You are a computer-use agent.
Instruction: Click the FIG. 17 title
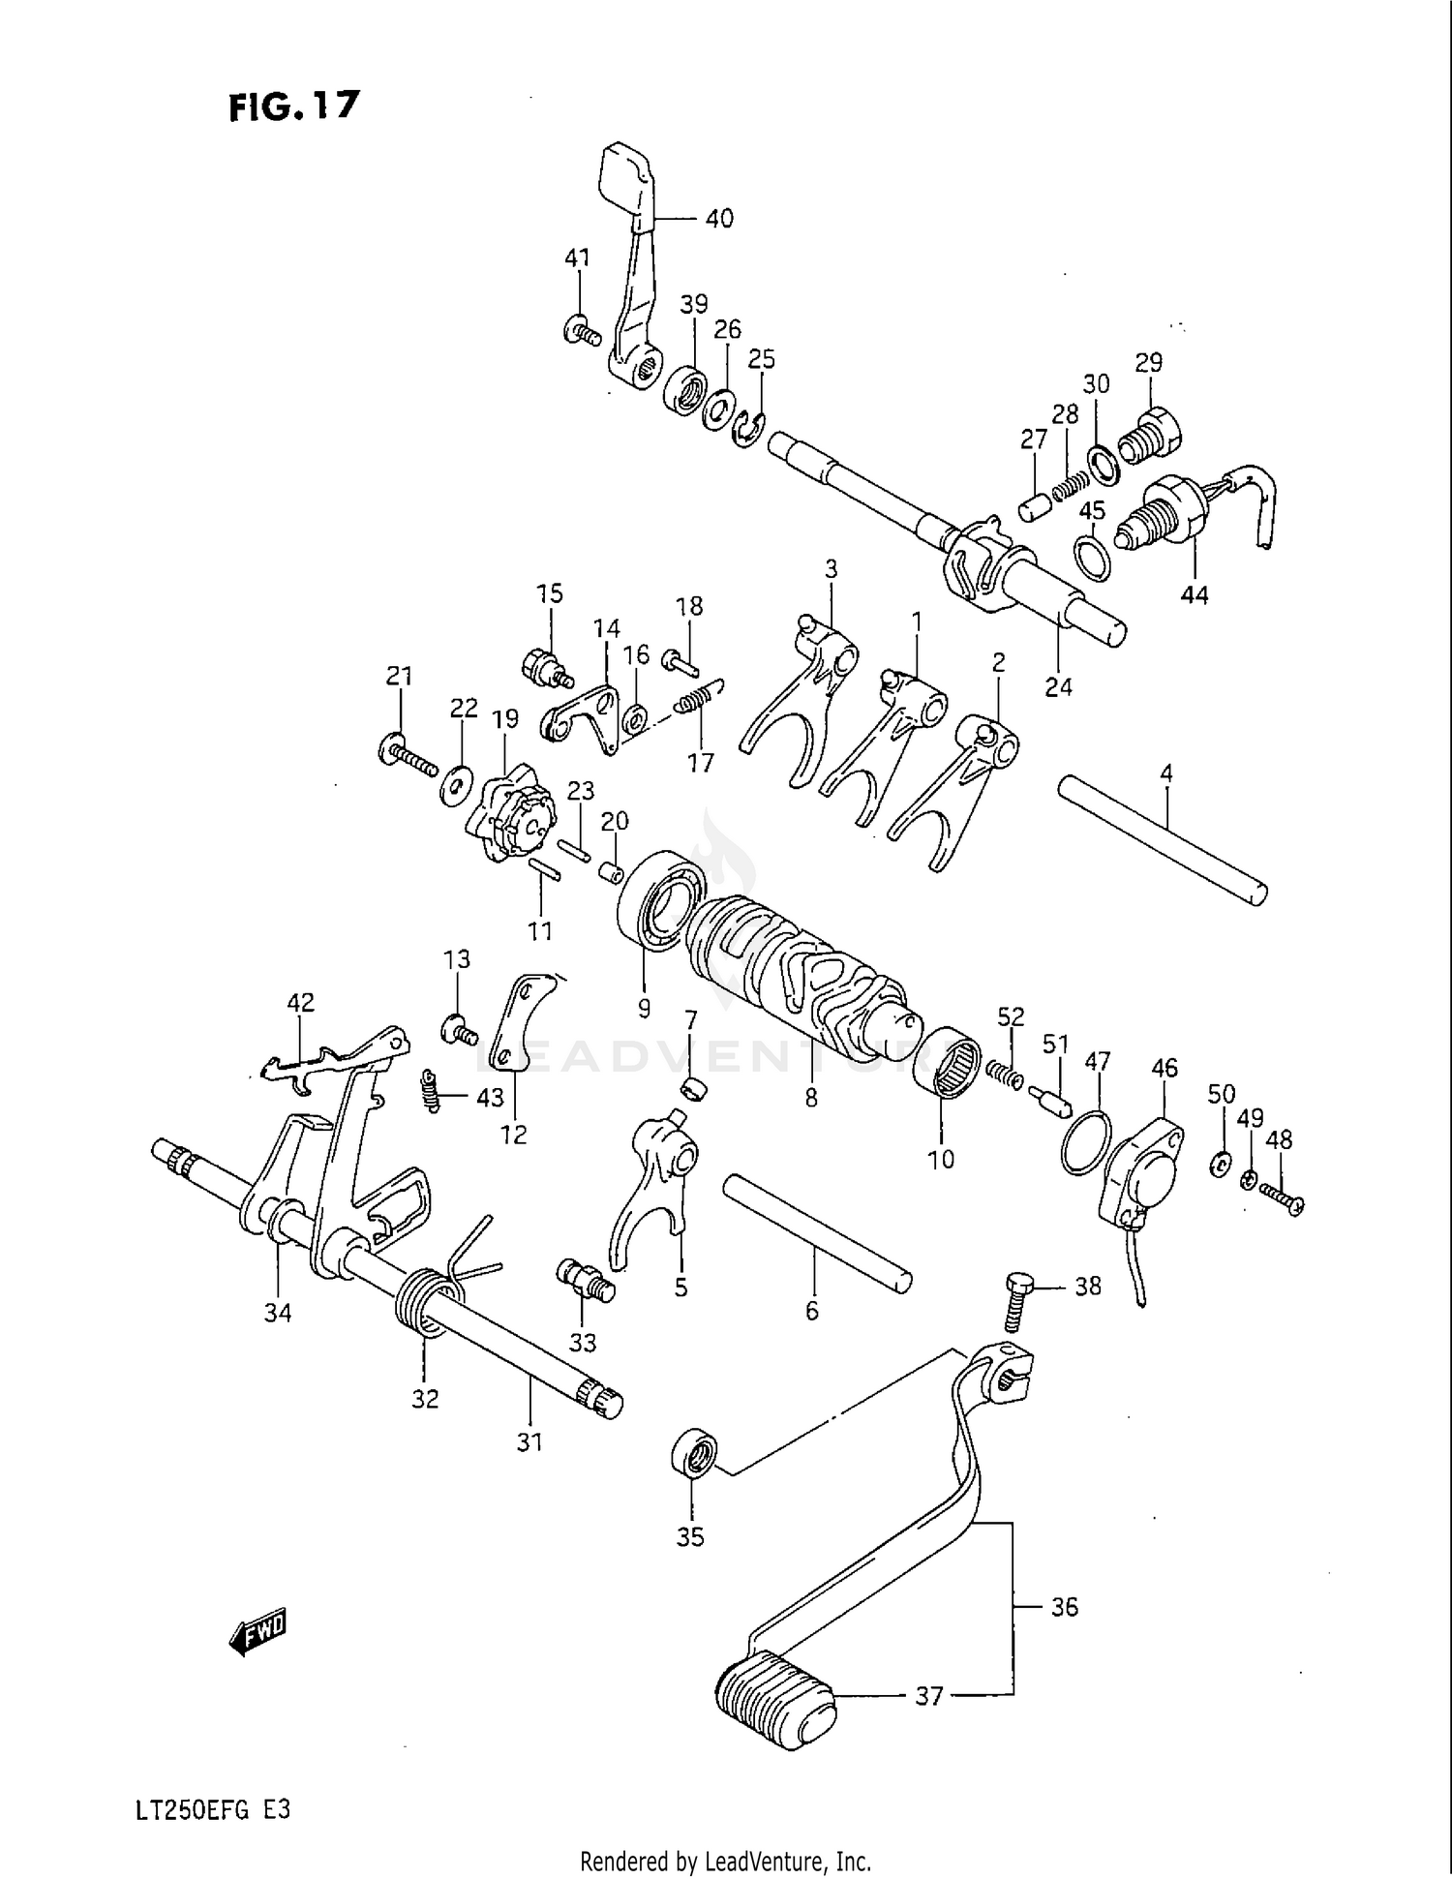[x=293, y=106]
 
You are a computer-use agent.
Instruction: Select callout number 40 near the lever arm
[x=718, y=219]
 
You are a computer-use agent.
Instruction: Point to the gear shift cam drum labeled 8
[x=803, y=978]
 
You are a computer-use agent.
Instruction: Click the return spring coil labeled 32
[x=423, y=1302]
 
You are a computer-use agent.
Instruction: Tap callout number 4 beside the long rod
[x=1166, y=773]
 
